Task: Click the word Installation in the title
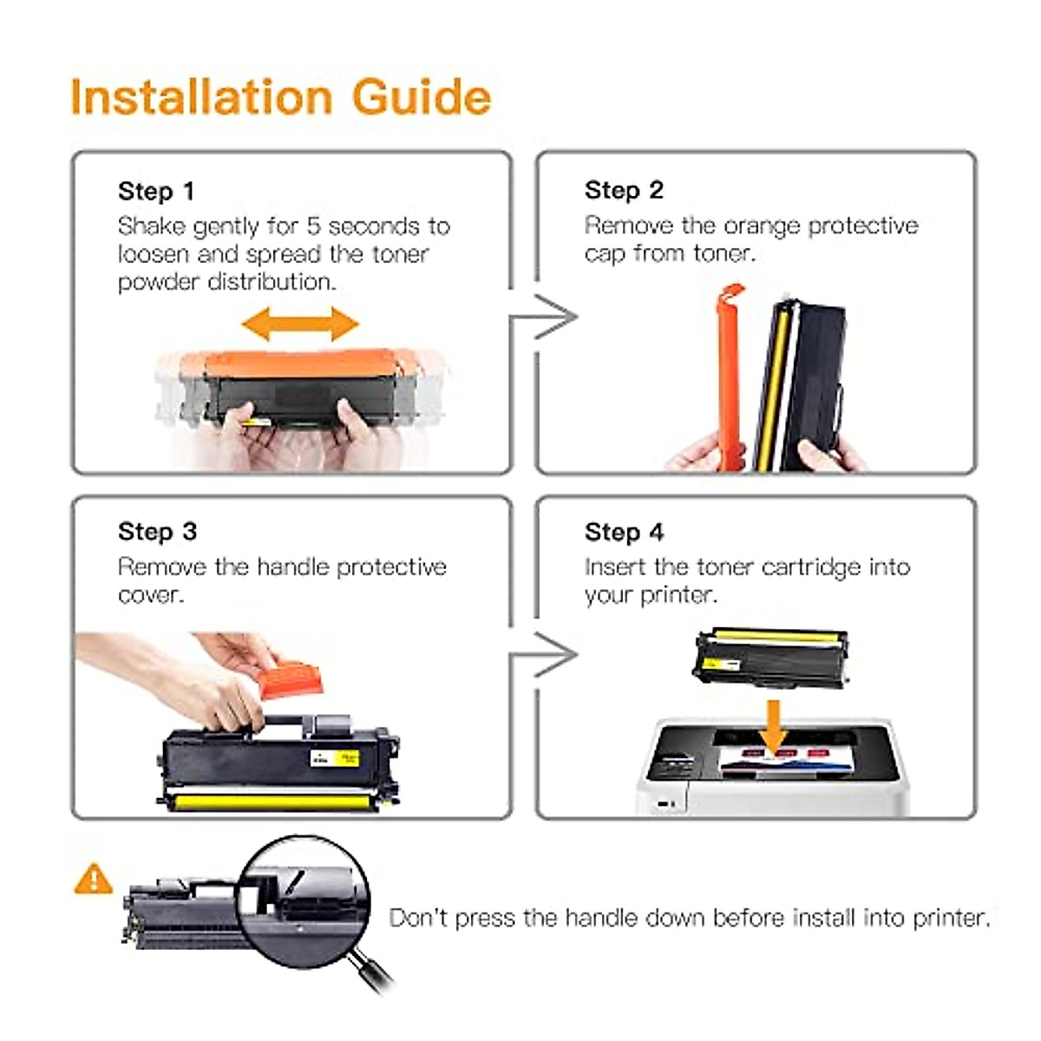(201, 96)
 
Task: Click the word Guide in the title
(422, 96)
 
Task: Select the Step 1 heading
(156, 192)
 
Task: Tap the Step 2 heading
(624, 191)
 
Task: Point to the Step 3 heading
(157, 532)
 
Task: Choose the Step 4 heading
(624, 533)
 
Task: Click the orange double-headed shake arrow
(300, 324)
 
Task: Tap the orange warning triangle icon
(94, 879)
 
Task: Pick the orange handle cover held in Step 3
(290, 679)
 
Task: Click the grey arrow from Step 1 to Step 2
(543, 317)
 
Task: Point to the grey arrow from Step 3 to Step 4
(543, 655)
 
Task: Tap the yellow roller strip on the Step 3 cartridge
(270, 802)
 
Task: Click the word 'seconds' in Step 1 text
(373, 227)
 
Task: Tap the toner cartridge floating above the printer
(770, 658)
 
